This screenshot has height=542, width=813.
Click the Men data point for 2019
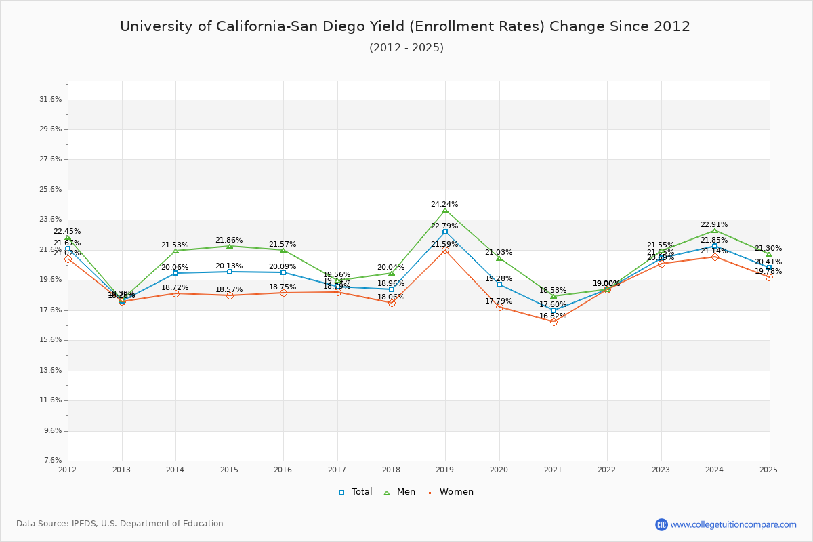[445, 210]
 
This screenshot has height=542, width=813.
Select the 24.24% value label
[444, 204]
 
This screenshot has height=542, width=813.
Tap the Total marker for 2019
[445, 232]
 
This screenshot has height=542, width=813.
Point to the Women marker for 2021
[554, 322]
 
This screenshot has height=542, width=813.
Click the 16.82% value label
[553, 316]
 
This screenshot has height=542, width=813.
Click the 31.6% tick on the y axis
[51, 100]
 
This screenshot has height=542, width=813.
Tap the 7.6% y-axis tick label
[53, 461]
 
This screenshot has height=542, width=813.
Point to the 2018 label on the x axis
[391, 469]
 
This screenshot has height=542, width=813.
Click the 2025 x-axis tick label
[768, 469]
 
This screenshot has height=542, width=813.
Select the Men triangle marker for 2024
[715, 230]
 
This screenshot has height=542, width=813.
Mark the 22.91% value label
[714, 224]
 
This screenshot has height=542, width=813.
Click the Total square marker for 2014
[175, 273]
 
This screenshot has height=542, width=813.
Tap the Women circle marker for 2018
[392, 303]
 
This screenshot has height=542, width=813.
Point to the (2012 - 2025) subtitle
[406, 47]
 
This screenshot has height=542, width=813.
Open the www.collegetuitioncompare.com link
[733, 524]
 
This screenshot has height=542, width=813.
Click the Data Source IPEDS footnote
[120, 524]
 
